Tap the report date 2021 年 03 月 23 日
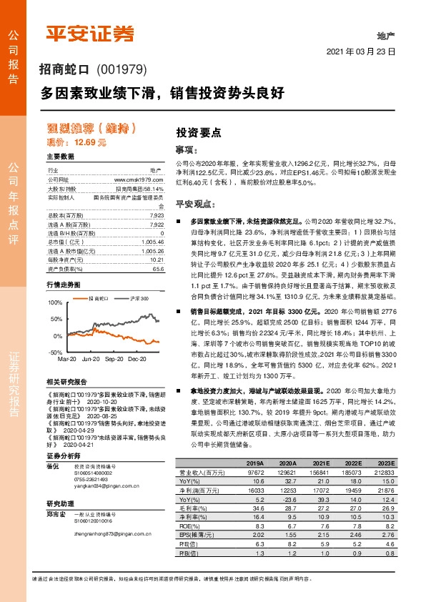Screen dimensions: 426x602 pyautogui.click(x=361, y=51)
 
